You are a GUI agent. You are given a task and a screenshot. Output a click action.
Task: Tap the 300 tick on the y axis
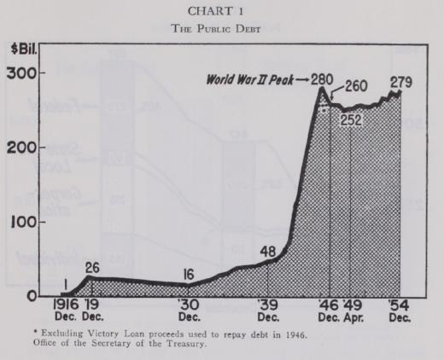(x=20, y=73)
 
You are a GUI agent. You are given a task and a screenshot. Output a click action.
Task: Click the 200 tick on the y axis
(x=20, y=148)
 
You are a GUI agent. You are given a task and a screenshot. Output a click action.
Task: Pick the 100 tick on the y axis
(x=22, y=222)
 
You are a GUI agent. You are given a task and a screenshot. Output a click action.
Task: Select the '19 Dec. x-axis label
(x=92, y=310)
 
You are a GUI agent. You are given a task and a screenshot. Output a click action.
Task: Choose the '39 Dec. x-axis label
(x=268, y=310)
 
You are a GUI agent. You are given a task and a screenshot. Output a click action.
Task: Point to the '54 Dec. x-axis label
(x=399, y=310)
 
